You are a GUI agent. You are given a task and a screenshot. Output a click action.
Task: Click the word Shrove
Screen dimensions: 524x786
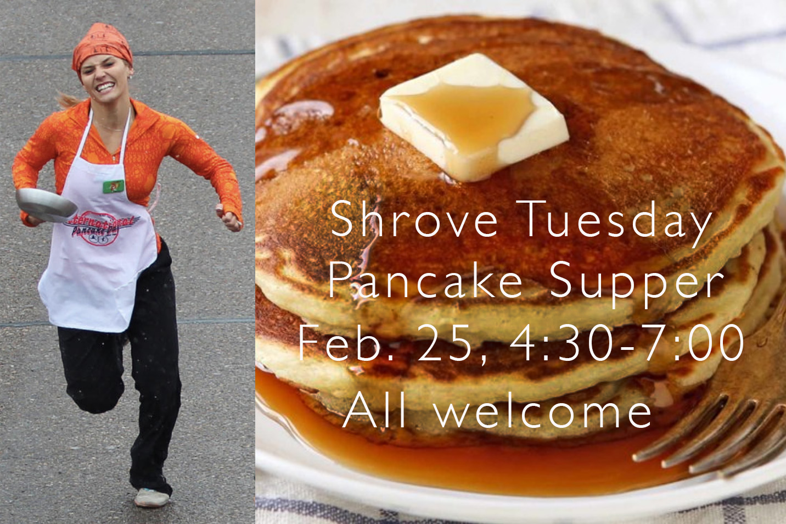click(x=414, y=220)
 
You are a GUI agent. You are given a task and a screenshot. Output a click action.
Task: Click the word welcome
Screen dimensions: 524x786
click(x=543, y=411)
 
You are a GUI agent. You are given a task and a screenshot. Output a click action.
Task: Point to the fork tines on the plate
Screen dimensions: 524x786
click(x=714, y=434)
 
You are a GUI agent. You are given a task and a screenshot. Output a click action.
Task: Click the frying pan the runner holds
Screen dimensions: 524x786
click(x=46, y=205)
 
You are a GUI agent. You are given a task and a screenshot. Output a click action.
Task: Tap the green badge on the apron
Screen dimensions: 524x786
click(x=113, y=186)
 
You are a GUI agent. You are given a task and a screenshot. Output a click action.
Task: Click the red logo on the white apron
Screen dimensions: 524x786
click(x=102, y=226)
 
